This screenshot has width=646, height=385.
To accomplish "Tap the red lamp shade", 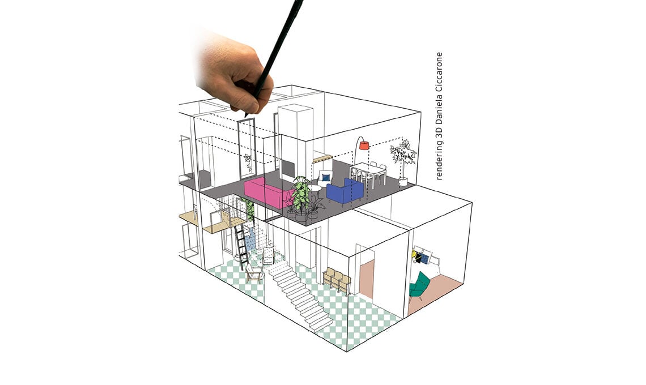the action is point(364,145).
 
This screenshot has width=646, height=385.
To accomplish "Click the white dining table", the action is point(368,173).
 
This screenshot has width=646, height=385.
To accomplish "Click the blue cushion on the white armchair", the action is point(326,178).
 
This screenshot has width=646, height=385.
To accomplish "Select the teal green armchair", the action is point(419,285).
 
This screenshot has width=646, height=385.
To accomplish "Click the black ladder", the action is point(241,246).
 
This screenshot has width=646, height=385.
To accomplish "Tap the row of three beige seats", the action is point(337,280).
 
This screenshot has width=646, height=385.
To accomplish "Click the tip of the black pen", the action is point(245,117).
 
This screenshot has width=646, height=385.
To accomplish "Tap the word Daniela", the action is point(439,110).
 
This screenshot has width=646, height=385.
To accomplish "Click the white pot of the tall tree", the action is point(403,182).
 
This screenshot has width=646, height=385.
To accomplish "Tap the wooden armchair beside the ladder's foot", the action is point(254,272).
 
